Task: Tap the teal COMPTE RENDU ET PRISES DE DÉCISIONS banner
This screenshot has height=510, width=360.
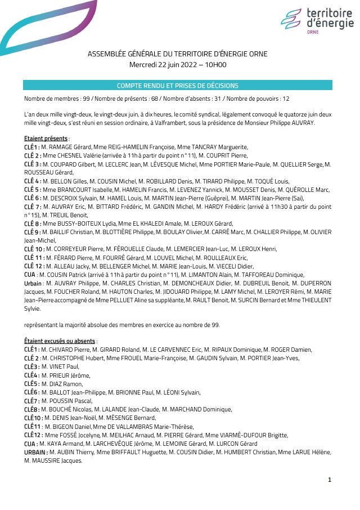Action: click(177, 86)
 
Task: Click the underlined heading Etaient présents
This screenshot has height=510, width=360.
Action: click(46, 138)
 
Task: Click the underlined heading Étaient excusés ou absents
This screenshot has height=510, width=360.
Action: click(60, 341)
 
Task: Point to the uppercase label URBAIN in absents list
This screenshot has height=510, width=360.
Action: click(35, 452)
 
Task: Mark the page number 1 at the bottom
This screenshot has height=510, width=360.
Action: click(330, 479)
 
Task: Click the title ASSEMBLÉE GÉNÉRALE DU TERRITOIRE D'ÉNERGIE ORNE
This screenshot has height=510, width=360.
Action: click(177, 54)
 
